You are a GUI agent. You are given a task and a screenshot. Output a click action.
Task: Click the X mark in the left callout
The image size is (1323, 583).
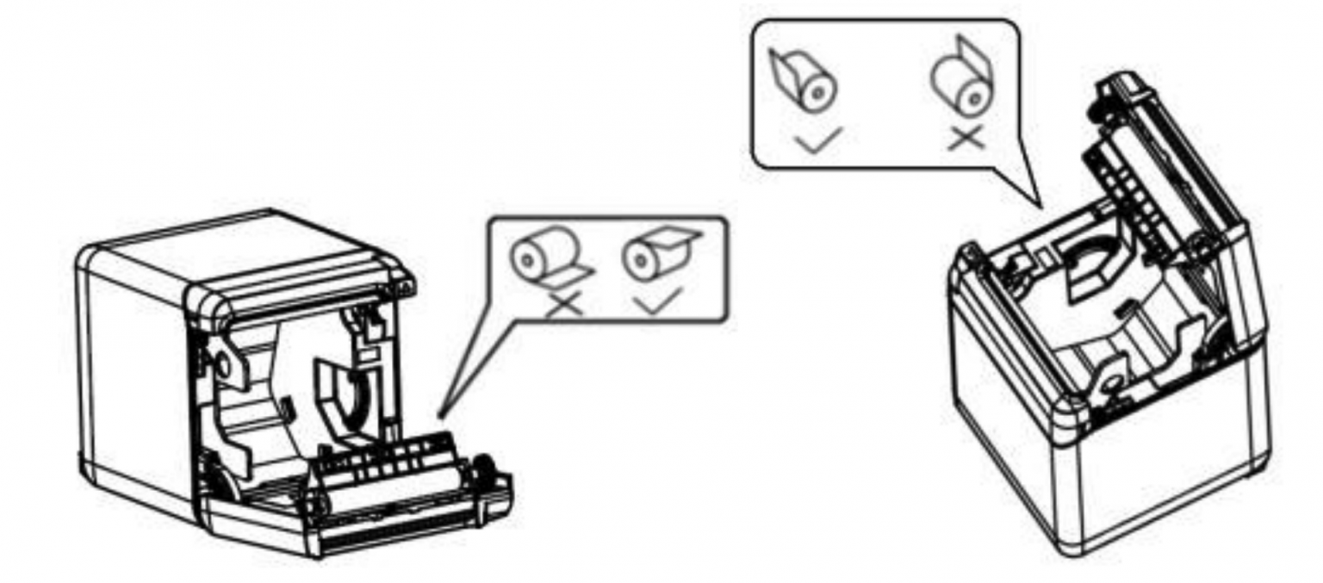[564, 302]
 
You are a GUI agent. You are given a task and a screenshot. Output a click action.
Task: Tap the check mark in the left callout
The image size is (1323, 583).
[656, 298]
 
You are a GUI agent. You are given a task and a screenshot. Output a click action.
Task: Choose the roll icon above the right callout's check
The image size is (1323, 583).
[804, 85]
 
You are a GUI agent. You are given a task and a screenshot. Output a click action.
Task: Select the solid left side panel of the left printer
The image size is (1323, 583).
[129, 379]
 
